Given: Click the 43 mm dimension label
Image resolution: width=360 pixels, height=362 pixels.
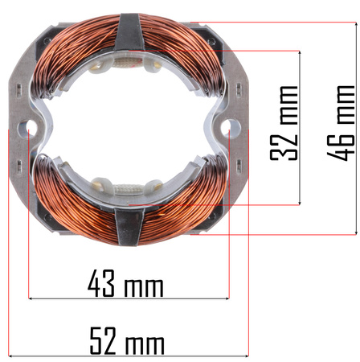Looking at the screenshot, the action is tap(125, 283).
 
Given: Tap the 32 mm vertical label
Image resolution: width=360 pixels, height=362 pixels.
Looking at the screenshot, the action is tap(284, 123).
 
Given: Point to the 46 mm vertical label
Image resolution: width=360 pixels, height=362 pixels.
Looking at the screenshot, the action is tap(341, 123).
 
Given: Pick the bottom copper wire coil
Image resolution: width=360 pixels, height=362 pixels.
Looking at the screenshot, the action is tap(129, 204).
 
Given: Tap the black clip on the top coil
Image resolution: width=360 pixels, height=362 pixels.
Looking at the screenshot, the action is tap(130, 31).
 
